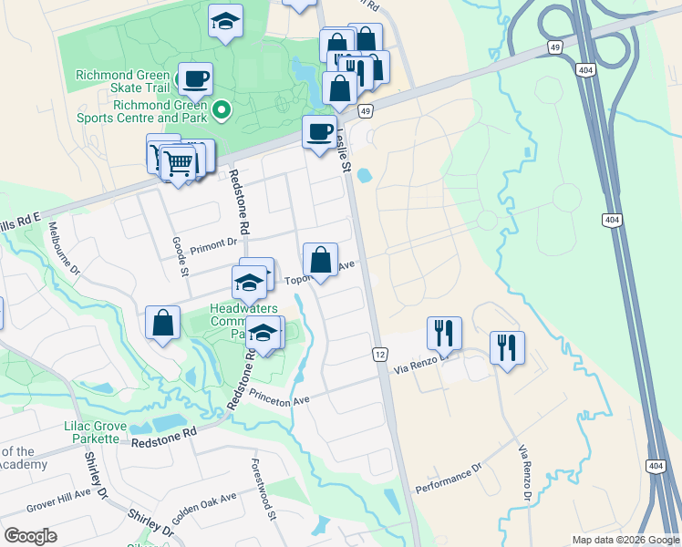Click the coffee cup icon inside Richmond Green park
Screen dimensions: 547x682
[194, 79]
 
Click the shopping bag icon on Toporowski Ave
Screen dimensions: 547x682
[321, 261]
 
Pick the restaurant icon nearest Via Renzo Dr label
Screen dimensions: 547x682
[444, 334]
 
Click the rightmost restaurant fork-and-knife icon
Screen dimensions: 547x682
[507, 347]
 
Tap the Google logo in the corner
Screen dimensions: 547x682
[31, 536]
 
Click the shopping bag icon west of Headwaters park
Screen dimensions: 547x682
[162, 324]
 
